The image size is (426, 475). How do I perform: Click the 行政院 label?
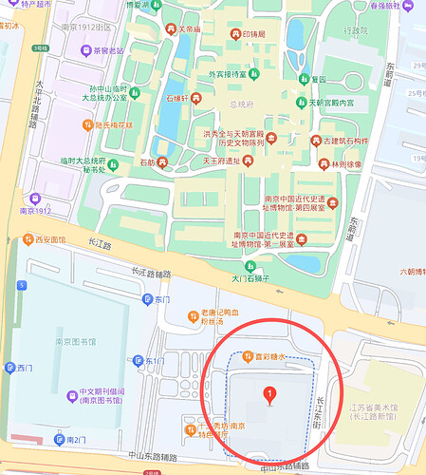(327, 30)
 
